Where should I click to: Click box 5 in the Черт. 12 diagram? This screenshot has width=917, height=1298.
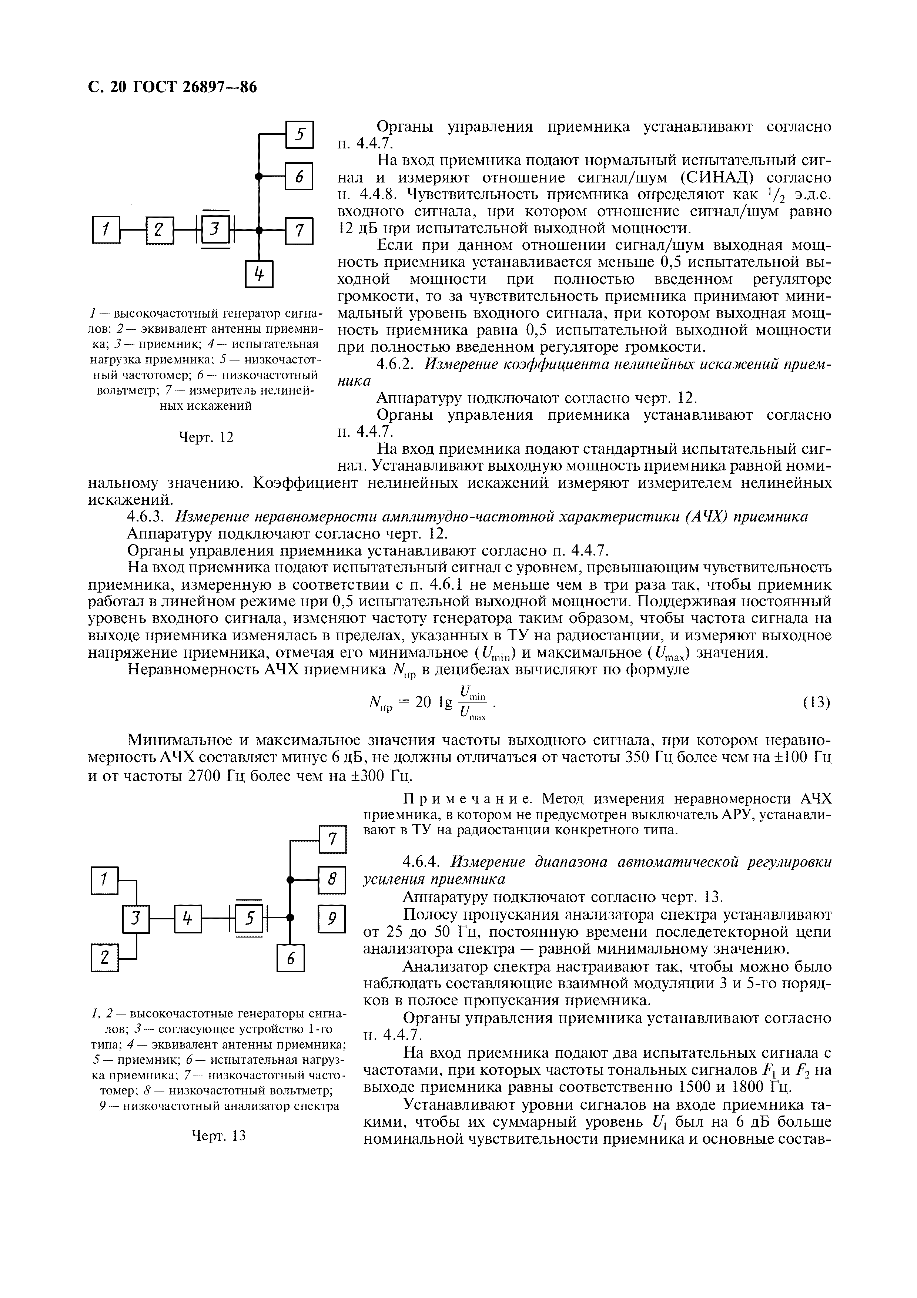pyautogui.click(x=299, y=135)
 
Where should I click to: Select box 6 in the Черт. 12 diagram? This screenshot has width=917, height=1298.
pyautogui.click(x=299, y=177)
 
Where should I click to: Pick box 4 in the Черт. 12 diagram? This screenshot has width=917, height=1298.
pyautogui.click(x=259, y=274)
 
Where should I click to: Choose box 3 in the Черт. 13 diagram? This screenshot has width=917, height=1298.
pyautogui.click(x=136, y=920)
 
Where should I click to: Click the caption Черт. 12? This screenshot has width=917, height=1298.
pyautogui.click(x=206, y=437)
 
